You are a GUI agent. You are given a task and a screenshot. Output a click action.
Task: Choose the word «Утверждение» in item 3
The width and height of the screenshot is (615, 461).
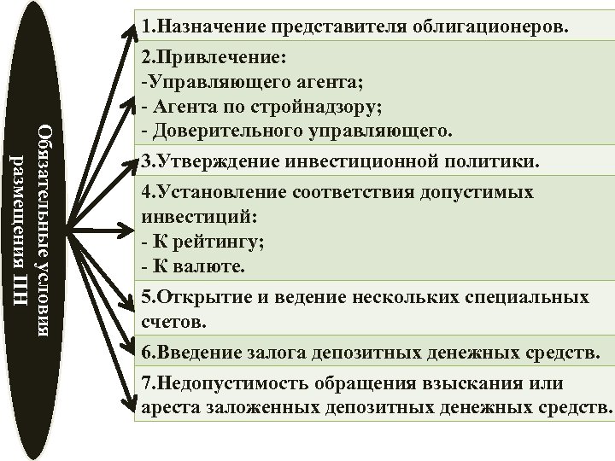pyautogui.click(x=219, y=162)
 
